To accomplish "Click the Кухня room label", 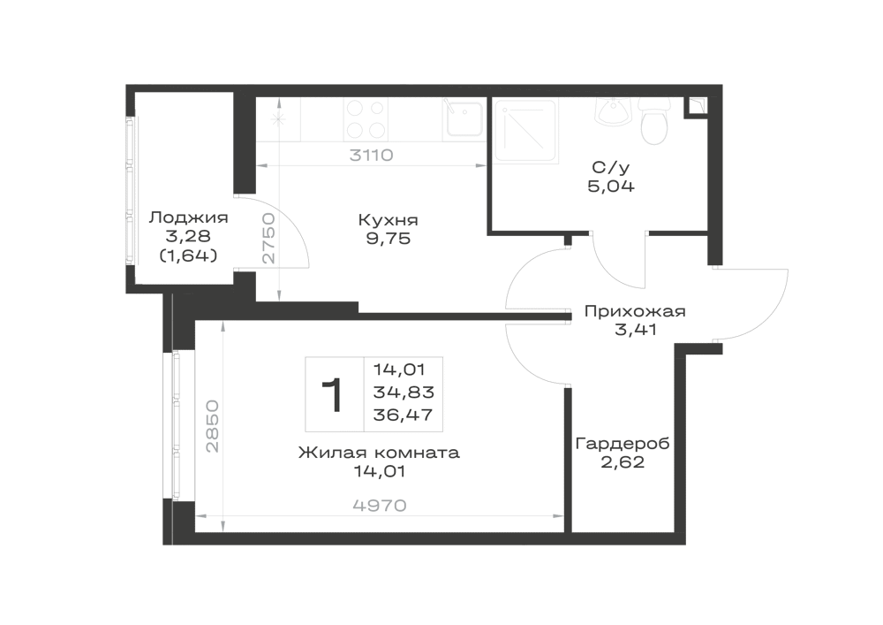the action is [x=388, y=220].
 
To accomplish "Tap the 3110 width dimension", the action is [x=371, y=155].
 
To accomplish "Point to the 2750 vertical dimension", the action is [x=269, y=239].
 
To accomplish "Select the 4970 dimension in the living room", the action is [x=380, y=506].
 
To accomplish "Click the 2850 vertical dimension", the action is [x=212, y=426].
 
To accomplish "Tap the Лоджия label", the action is [x=188, y=217].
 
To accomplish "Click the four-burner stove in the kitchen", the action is [x=366, y=119].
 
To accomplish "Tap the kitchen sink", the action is [x=464, y=119].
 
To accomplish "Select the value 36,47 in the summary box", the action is [x=404, y=415].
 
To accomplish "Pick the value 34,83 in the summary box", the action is [x=404, y=393].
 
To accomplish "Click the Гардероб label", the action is [x=623, y=445].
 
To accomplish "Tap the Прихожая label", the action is [x=635, y=311].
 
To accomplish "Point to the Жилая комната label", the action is [x=379, y=453].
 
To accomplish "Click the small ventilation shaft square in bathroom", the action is [x=696, y=108].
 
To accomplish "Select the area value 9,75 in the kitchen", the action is [x=389, y=239].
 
